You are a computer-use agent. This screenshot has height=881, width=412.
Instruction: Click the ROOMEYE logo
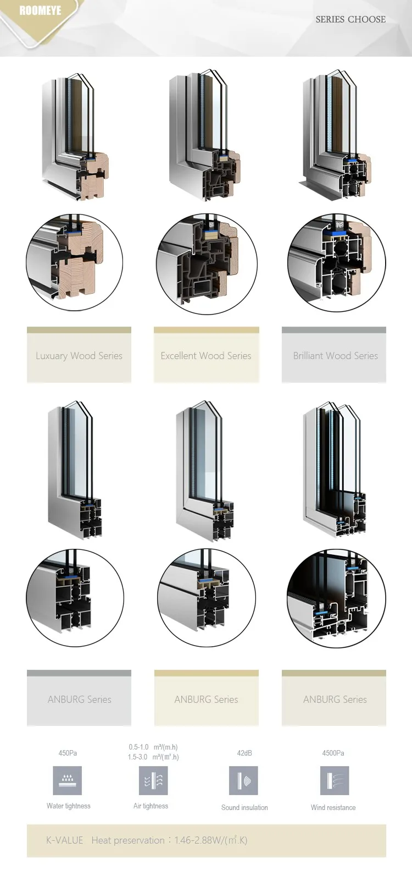(40, 11)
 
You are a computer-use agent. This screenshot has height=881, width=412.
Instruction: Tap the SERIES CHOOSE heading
(350, 19)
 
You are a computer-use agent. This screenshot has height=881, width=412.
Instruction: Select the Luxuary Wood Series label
(79, 356)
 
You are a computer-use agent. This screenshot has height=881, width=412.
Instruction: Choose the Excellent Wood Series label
(206, 356)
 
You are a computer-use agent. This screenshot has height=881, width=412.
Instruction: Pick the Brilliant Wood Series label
(335, 356)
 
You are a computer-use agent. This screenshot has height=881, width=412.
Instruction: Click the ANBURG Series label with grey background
(79, 700)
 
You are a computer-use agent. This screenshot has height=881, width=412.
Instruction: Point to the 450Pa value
(68, 753)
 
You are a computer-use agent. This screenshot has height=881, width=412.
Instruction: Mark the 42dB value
(244, 753)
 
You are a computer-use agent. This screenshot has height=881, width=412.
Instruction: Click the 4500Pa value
(333, 753)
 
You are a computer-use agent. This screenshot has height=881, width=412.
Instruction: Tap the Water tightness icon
(68, 780)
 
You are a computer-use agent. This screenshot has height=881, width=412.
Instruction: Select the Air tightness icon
(153, 780)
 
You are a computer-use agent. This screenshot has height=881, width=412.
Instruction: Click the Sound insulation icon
(243, 780)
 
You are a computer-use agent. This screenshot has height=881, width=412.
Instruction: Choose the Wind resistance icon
(334, 780)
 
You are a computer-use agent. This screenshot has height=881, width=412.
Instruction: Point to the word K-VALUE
(65, 840)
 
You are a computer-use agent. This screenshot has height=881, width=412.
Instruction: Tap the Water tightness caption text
(69, 806)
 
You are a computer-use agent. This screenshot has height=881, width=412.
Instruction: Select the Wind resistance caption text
(333, 808)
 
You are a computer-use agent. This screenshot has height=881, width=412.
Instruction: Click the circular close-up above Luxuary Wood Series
(75, 262)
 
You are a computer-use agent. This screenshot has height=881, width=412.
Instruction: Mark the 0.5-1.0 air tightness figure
(138, 747)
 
